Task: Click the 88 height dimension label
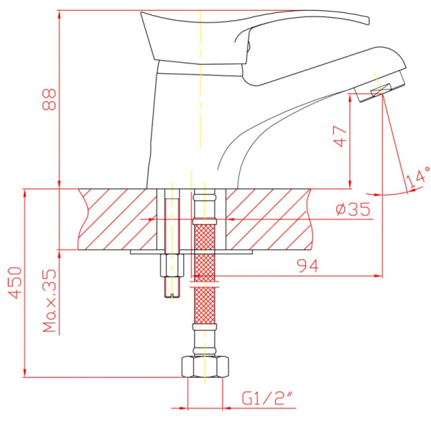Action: tap(50, 100)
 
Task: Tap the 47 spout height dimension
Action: tap(340, 136)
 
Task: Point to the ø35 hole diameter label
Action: tap(353, 210)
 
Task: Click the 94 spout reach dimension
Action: tap(307, 266)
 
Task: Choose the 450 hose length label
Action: tap(15, 282)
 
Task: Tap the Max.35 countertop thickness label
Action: tap(50, 300)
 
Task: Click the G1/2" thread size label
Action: tap(267, 398)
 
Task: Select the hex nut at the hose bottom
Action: tap(205, 366)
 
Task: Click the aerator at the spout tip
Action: tap(380, 87)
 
